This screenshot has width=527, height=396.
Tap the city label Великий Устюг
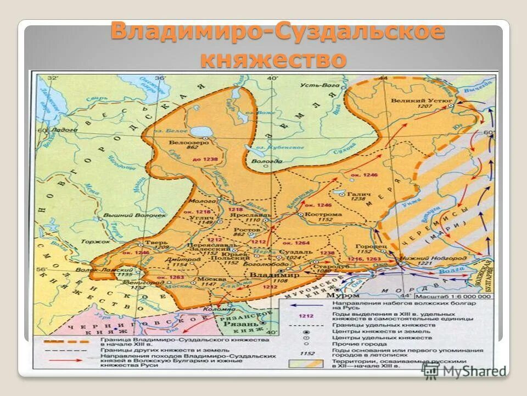point(421,101)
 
